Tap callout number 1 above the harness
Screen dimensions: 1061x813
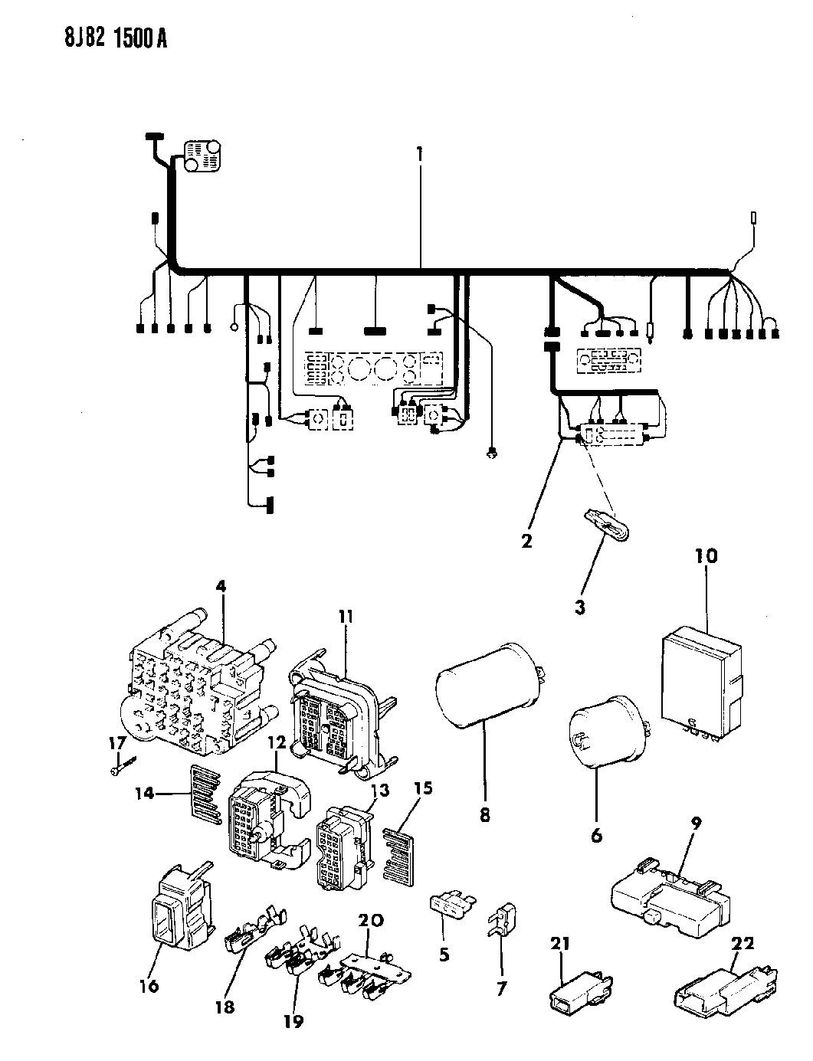[x=420, y=152]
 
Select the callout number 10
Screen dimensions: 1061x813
[x=706, y=555]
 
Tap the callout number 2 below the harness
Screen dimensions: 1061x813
[x=526, y=542]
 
